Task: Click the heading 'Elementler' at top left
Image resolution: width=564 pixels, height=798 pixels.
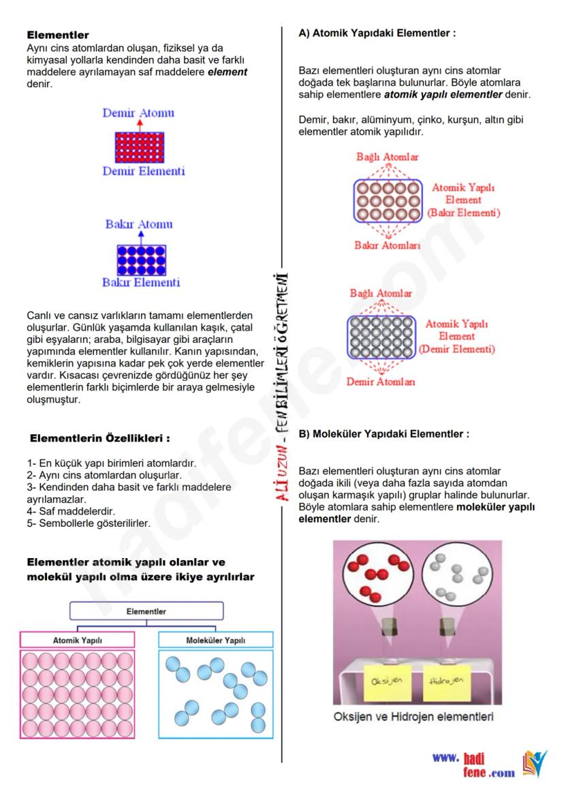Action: click(x=58, y=35)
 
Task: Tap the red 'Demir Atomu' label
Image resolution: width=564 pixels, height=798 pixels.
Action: click(x=138, y=112)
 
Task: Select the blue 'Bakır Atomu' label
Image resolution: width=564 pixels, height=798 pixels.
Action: click(x=139, y=224)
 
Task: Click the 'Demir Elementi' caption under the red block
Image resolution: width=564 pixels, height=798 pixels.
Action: click(x=143, y=171)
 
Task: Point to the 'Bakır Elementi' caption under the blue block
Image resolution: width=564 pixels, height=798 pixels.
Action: click(x=141, y=282)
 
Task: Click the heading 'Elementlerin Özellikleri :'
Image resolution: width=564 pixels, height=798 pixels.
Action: click(x=99, y=438)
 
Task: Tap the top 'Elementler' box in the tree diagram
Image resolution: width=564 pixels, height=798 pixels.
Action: click(x=146, y=611)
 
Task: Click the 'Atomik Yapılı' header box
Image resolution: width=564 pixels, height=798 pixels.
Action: click(x=78, y=640)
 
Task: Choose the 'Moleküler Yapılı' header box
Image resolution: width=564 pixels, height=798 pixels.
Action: click(x=215, y=640)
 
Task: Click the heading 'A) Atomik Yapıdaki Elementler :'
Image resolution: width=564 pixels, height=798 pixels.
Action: click(x=377, y=32)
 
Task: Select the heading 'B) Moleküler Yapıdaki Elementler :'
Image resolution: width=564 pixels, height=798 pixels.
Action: click(x=384, y=433)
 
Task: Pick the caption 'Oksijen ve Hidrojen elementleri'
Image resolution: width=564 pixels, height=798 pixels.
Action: click(x=413, y=717)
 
